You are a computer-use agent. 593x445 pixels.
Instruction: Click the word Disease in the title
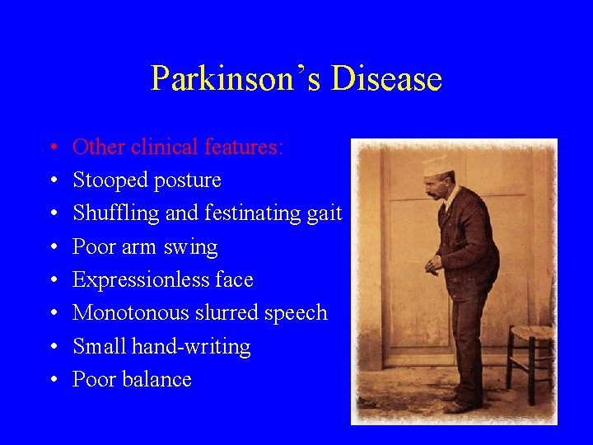pos(386,79)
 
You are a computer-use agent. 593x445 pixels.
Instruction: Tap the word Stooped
pos(108,180)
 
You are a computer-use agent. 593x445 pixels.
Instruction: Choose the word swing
pos(190,247)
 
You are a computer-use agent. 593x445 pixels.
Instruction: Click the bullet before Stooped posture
pos(51,180)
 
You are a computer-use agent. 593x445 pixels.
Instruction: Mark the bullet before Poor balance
pos(51,380)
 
